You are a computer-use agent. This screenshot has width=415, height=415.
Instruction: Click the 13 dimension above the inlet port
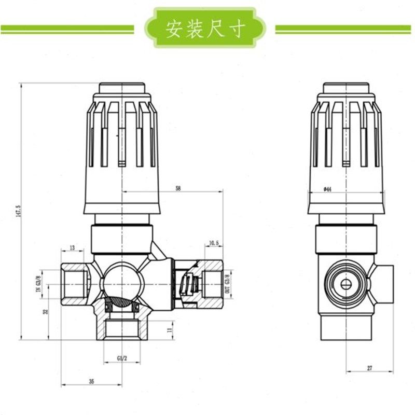click(72, 247)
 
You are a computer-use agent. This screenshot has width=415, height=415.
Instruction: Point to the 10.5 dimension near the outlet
click(214, 242)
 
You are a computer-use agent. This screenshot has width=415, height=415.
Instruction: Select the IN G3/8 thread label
click(37, 285)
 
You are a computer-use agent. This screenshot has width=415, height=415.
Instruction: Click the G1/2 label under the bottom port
click(121, 358)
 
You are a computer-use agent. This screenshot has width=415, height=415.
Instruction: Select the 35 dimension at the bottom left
click(91, 381)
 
